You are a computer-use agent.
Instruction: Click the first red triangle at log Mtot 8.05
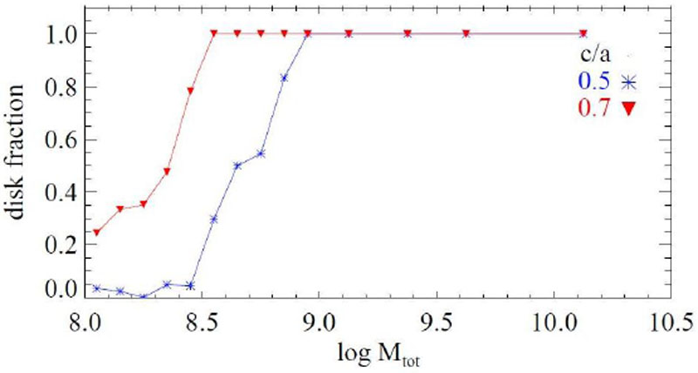coord(97,232)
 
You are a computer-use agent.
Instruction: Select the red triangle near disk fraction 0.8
coord(190,91)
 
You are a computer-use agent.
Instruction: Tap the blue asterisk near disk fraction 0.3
coord(214,219)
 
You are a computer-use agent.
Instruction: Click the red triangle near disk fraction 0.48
coord(167,172)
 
